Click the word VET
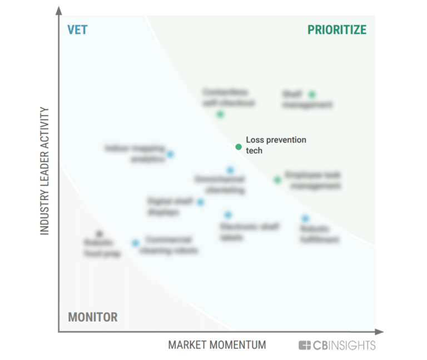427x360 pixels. click(77, 29)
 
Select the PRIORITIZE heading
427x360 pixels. click(337, 29)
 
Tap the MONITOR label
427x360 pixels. click(93, 317)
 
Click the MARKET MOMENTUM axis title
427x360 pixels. click(217, 345)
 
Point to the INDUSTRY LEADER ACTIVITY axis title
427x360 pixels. click(45, 171)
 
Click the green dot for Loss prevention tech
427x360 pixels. click(239, 147)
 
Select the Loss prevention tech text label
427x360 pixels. click(275, 145)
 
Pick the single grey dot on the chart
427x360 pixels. click(100, 234)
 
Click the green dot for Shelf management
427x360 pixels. click(312, 94)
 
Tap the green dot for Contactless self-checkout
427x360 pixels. click(220, 114)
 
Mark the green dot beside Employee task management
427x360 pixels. click(277, 179)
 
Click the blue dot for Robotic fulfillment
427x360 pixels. click(305, 218)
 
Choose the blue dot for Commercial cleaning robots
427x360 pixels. click(135, 243)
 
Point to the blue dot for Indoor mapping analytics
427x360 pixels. click(170, 154)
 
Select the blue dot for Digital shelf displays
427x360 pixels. click(200, 202)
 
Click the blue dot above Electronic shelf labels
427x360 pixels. click(228, 214)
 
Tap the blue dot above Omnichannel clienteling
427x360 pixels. click(230, 170)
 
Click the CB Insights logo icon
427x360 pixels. click(305, 346)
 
